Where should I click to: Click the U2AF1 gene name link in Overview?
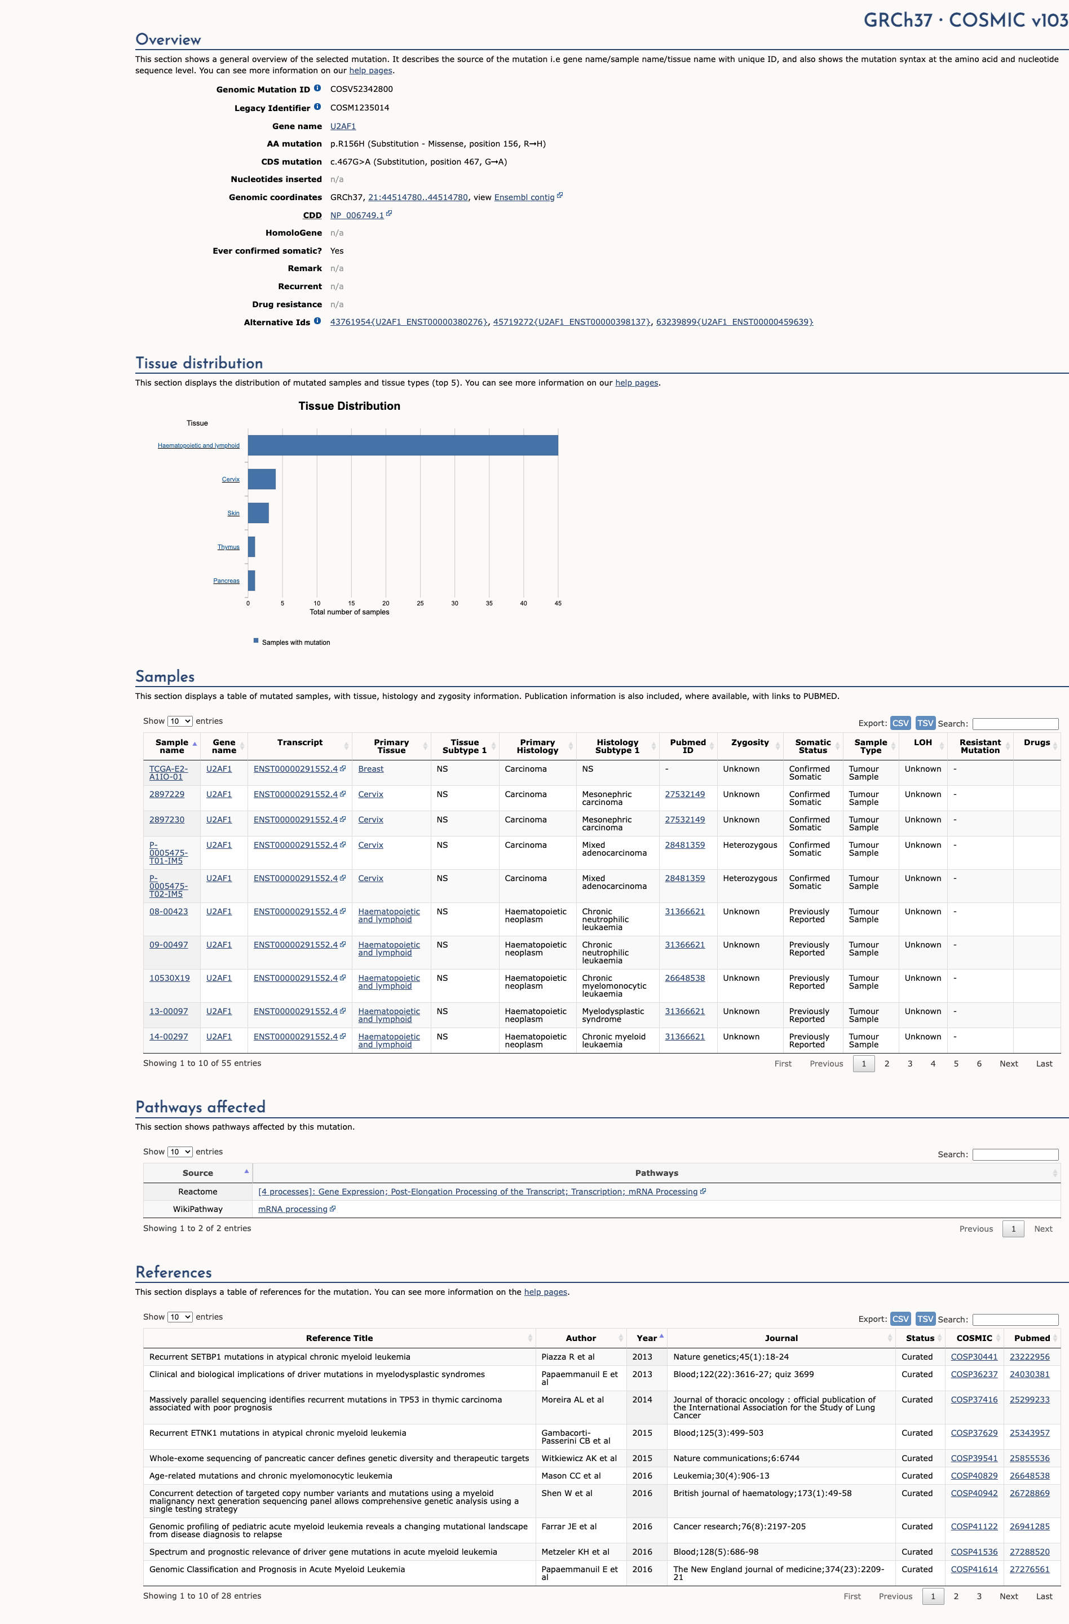[343, 126]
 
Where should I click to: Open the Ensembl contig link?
[524, 197]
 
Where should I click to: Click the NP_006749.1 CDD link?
[356, 215]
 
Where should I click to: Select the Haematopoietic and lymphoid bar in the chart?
[403, 445]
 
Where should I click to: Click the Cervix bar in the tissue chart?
[262, 479]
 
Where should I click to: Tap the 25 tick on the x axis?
[420, 603]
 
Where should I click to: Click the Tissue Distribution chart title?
[349, 406]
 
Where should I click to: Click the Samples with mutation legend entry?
[295, 642]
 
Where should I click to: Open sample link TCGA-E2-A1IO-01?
[168, 772]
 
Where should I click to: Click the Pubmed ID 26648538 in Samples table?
[684, 978]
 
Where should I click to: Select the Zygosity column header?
[749, 742]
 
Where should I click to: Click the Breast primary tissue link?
[370, 769]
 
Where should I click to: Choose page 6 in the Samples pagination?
[979, 1063]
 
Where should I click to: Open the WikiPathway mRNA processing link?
[292, 1209]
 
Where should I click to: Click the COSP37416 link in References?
[974, 1400]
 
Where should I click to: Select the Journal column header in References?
[781, 1338]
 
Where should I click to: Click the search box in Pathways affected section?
[1015, 1154]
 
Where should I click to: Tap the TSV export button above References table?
[925, 1319]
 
